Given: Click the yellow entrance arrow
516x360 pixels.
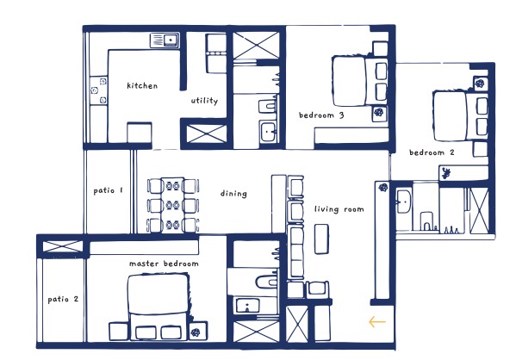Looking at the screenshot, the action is tap(377, 321).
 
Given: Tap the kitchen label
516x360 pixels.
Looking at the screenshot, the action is tap(142, 85).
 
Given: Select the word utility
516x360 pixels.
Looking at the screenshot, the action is tap(204, 101).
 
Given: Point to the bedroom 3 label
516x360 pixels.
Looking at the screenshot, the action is tap(321, 115).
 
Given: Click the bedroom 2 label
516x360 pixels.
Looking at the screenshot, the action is tap(432, 152).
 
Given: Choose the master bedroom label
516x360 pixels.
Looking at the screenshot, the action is tap(164, 264).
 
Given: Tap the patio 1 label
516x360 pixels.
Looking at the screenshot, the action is tap(108, 190).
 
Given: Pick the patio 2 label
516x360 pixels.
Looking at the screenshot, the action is tap(63, 299).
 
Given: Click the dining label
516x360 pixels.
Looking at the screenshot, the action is tap(233, 194).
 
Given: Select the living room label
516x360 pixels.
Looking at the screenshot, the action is tap(339, 209).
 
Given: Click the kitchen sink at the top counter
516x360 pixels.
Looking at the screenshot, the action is tap(165, 40).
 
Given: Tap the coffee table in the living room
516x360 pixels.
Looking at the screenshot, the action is tap(321, 239).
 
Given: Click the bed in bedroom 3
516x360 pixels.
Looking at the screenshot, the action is tap(359, 81).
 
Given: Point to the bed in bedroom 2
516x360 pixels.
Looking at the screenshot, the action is tap(460, 115).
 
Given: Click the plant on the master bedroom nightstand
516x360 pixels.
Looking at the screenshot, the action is tap(196, 332).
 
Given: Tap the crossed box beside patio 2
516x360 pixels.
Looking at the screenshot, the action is tap(63, 246).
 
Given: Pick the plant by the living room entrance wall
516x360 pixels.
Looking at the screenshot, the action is tap(382, 188).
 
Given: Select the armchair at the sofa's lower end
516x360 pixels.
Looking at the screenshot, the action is tap(317, 289).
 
